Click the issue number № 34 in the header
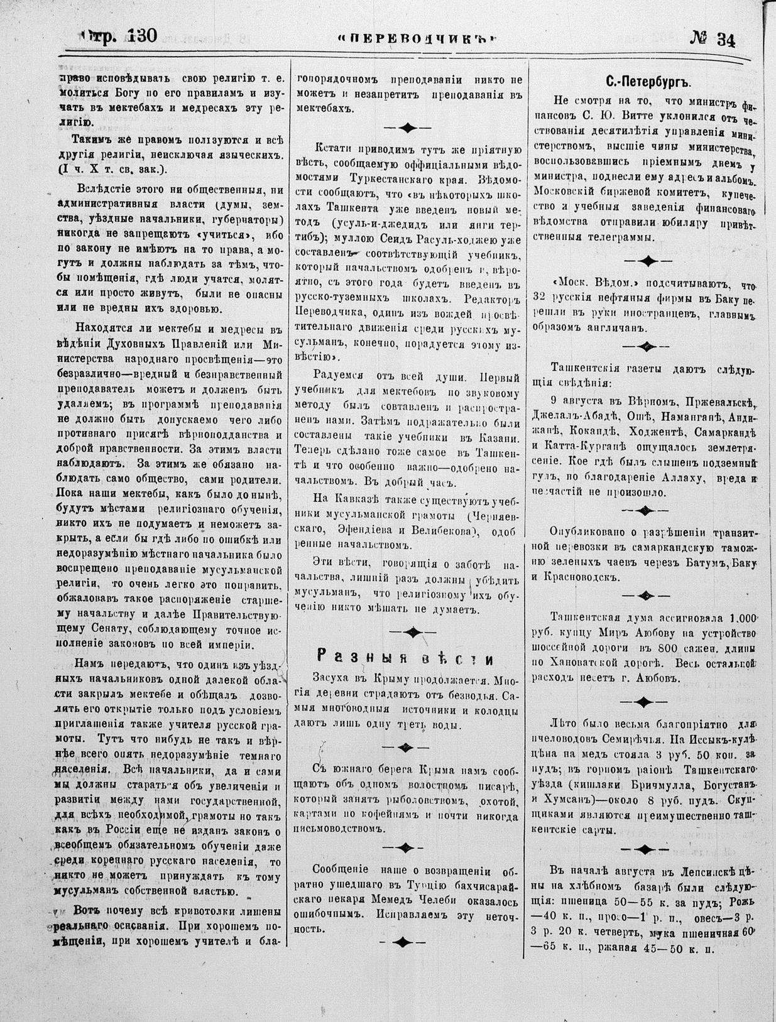click(x=713, y=40)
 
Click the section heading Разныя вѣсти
click(x=405, y=659)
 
